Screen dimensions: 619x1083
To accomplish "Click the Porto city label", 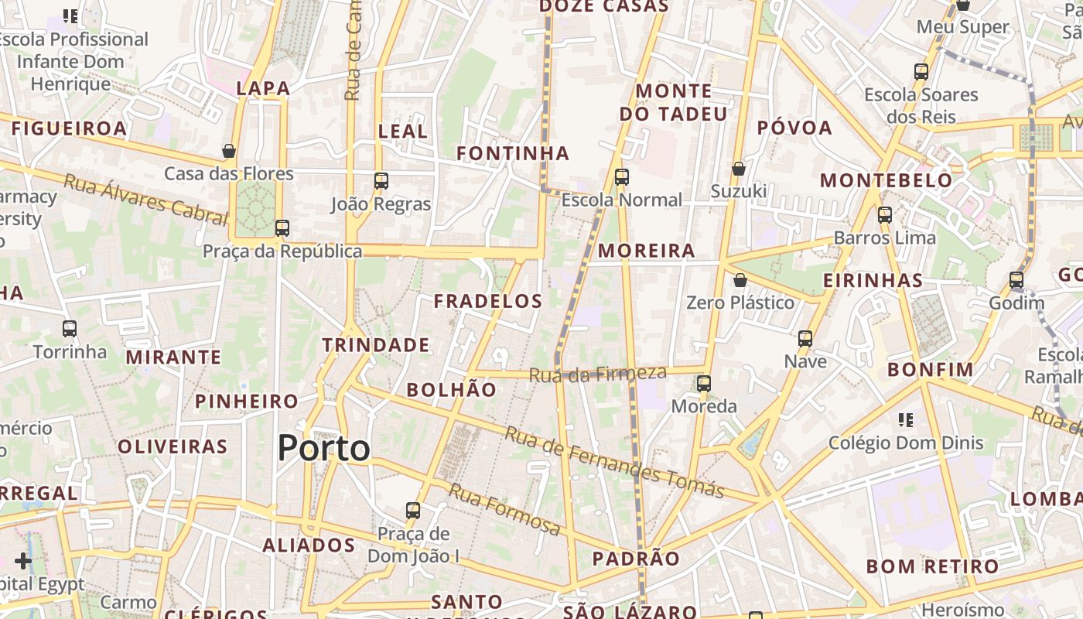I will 323,448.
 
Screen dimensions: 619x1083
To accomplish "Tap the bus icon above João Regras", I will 381,181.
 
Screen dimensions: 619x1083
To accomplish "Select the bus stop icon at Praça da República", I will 282,228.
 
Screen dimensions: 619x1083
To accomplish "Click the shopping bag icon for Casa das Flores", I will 229,151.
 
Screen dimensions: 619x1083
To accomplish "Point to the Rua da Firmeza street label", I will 597,374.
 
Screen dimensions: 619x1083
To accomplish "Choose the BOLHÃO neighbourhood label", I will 452,390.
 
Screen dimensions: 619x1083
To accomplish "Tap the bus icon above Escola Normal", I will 622,177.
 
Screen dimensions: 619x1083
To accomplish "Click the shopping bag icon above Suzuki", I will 739,168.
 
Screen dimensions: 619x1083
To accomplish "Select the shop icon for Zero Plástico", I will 740,280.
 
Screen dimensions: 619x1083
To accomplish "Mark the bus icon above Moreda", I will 704,383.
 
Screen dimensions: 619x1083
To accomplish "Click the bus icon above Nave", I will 805,339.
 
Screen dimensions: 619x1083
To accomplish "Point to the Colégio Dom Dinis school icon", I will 906,420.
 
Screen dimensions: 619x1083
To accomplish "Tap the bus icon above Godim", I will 1016,280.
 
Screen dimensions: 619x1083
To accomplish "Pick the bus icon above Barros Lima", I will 885,215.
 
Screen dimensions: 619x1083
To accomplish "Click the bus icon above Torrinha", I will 70,329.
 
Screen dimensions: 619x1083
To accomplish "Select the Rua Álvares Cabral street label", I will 145,198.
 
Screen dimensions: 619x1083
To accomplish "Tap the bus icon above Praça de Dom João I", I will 413,511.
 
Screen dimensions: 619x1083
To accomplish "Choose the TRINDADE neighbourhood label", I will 376,345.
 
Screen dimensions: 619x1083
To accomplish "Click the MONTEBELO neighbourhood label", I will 887,180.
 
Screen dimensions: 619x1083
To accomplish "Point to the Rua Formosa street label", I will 504,509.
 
